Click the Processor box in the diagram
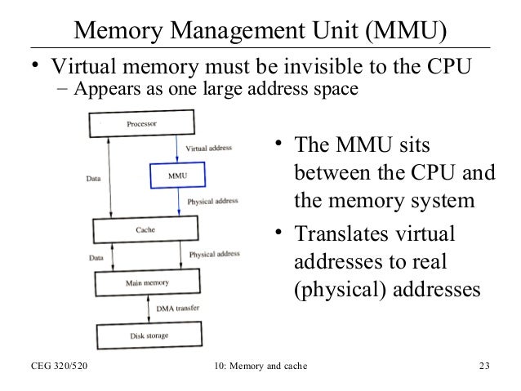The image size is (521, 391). pyautogui.click(x=140, y=123)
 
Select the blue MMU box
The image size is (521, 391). pyautogui.click(x=176, y=175)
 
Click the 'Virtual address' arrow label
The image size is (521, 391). pyautogui.click(x=209, y=149)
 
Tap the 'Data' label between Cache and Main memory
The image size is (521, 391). pyautogui.click(x=96, y=258)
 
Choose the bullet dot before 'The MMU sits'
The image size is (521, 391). pyautogui.click(x=278, y=145)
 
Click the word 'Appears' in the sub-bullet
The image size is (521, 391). pyautogui.click(x=100, y=88)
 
